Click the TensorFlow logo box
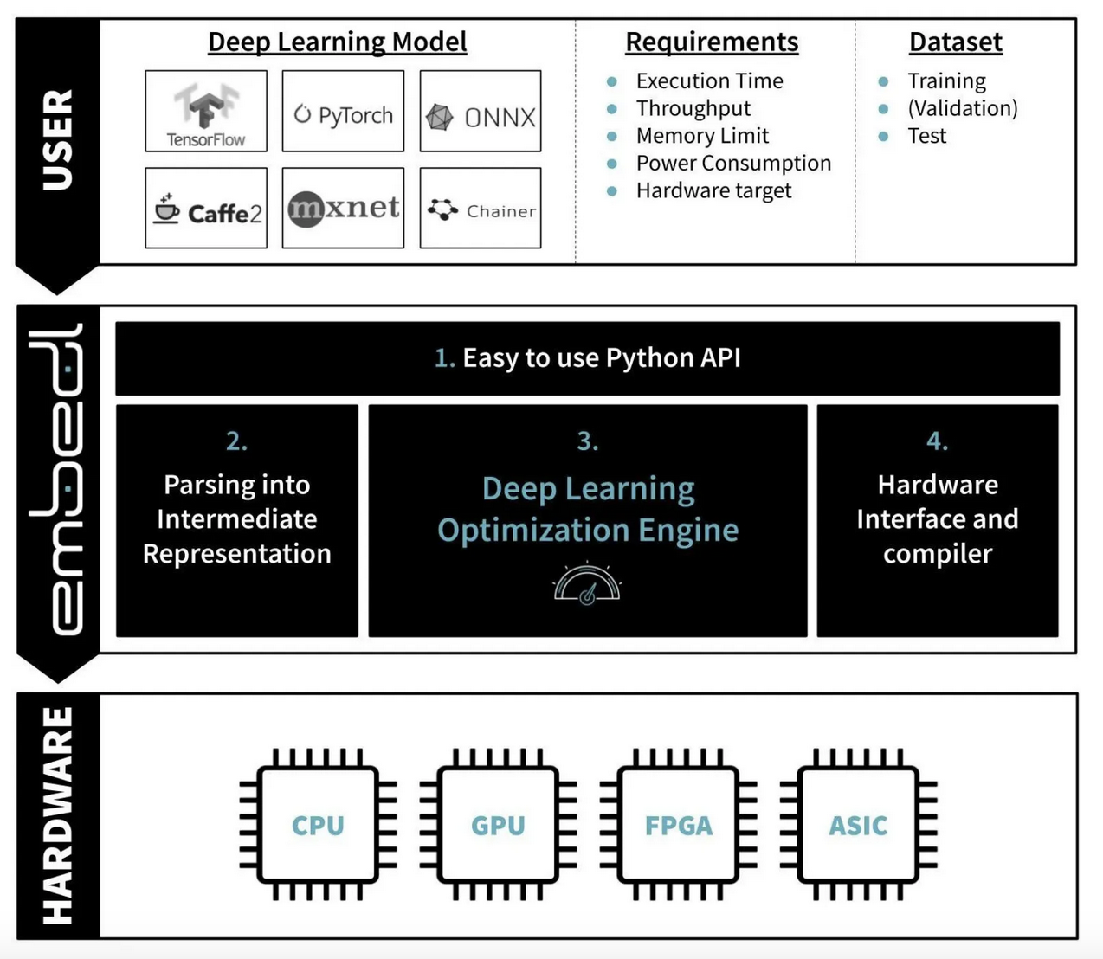pyautogui.click(x=206, y=112)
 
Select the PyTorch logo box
pyautogui.click(x=343, y=112)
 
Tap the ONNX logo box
pyautogui.click(x=481, y=112)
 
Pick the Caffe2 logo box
pyautogui.click(x=206, y=209)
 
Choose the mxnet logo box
pyautogui.click(x=343, y=209)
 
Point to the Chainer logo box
pyautogui.click(x=481, y=209)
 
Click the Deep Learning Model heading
pyautogui.click(x=337, y=42)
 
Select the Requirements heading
pyautogui.click(x=712, y=42)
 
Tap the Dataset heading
pyautogui.click(x=955, y=42)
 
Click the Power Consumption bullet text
pyautogui.click(x=733, y=163)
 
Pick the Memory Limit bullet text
pyautogui.click(x=702, y=136)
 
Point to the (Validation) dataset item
pyautogui.click(x=962, y=108)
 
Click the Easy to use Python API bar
pyautogui.click(x=587, y=358)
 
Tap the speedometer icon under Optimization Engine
pyautogui.click(x=587, y=584)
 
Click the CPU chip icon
pyautogui.click(x=318, y=826)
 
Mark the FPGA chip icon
pyautogui.click(x=678, y=826)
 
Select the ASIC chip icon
pyautogui.click(x=858, y=826)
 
